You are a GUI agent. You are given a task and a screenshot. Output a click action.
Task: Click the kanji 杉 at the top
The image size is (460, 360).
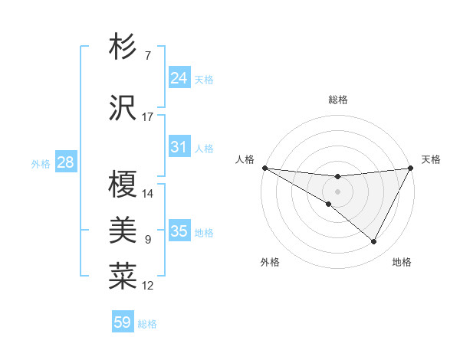123,47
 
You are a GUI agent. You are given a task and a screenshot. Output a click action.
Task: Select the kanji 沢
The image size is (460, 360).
123,108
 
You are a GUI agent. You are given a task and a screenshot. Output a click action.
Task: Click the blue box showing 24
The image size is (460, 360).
179,78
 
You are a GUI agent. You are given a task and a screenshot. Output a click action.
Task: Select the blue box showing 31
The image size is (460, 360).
179,147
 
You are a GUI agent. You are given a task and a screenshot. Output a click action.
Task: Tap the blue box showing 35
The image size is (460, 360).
179,231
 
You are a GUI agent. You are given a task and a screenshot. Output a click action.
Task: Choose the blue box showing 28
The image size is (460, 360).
65,162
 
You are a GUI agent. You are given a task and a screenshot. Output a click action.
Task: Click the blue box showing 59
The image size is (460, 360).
123,322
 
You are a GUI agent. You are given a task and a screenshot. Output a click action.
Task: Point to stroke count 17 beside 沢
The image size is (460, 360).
148,117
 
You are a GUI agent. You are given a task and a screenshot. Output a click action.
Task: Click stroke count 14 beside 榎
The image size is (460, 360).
148,193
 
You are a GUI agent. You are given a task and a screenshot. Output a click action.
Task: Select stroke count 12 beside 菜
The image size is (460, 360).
148,286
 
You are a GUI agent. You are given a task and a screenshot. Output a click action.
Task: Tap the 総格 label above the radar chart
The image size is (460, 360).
338,100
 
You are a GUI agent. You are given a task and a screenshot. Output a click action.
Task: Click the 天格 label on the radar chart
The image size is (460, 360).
432,159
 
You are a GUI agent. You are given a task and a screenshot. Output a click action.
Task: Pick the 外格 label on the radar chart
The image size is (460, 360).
270,262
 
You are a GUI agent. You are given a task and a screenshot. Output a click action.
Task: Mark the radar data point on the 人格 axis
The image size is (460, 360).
264,168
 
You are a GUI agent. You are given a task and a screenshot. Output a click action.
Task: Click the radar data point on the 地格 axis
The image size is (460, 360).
374,242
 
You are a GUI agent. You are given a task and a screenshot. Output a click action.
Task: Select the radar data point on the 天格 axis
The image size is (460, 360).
412,168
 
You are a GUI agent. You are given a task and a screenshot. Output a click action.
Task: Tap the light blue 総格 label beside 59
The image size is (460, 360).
147,324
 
